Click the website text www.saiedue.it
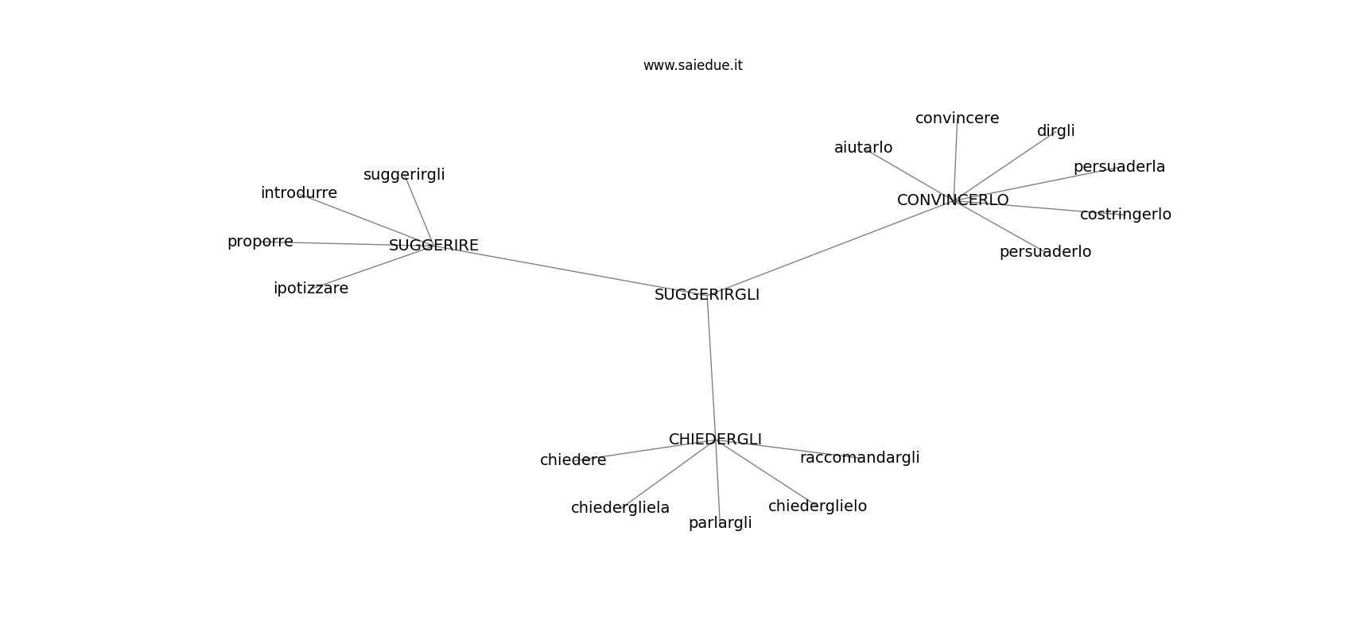693,65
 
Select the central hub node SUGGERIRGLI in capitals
707,294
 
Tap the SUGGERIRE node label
433,245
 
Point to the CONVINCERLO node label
953,200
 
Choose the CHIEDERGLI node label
715,440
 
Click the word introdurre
299,192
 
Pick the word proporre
260,242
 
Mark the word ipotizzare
311,289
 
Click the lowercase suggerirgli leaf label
404,175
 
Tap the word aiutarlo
863,147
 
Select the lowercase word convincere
958,118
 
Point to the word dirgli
1055,131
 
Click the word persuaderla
1119,167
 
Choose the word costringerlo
1125,215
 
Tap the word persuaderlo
1045,252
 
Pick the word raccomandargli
860,458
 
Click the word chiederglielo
818,506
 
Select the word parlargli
720,523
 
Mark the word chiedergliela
620,508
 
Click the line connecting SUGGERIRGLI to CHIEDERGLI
712,366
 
